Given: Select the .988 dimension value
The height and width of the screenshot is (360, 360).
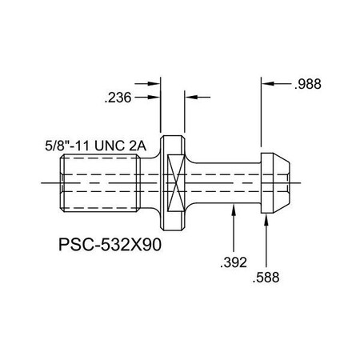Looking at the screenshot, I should pos(310,84).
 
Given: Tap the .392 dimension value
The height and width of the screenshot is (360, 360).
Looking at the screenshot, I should pos(233,260).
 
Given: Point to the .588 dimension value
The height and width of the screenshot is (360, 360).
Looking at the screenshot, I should pos(266,278).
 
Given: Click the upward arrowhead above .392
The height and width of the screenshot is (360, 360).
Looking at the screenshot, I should pos(233,210).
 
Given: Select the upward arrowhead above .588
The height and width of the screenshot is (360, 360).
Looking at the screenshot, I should pos(266,219).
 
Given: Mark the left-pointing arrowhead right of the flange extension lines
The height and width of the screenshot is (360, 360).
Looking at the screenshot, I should pos(190,97).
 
